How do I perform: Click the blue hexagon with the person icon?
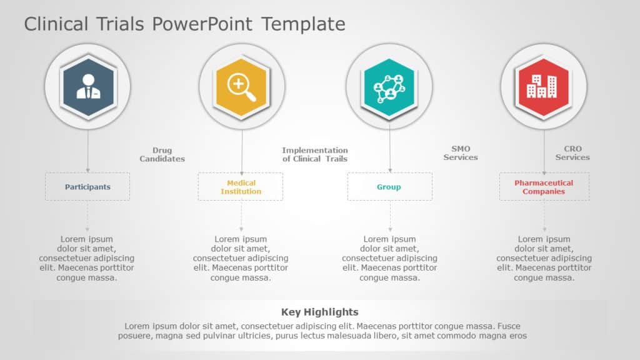[x=87, y=87]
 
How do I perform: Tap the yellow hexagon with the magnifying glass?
[x=241, y=87]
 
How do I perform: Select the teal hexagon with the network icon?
[x=389, y=87]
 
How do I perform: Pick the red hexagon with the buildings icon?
[x=544, y=87]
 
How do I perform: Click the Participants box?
[x=87, y=187]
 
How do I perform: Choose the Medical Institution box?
[x=241, y=187]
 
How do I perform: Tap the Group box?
[x=389, y=187]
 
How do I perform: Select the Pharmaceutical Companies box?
[x=544, y=187]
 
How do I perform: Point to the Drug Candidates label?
[x=162, y=154]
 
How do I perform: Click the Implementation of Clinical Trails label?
[x=314, y=154]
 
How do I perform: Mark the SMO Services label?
[x=461, y=153]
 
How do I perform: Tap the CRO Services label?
[x=572, y=153]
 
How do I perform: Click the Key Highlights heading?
[x=320, y=312]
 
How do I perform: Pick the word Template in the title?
[x=303, y=24]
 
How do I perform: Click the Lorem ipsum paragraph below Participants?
[x=87, y=258]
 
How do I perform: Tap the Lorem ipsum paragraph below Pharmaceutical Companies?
[x=544, y=258]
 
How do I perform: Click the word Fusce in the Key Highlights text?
[x=509, y=326]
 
